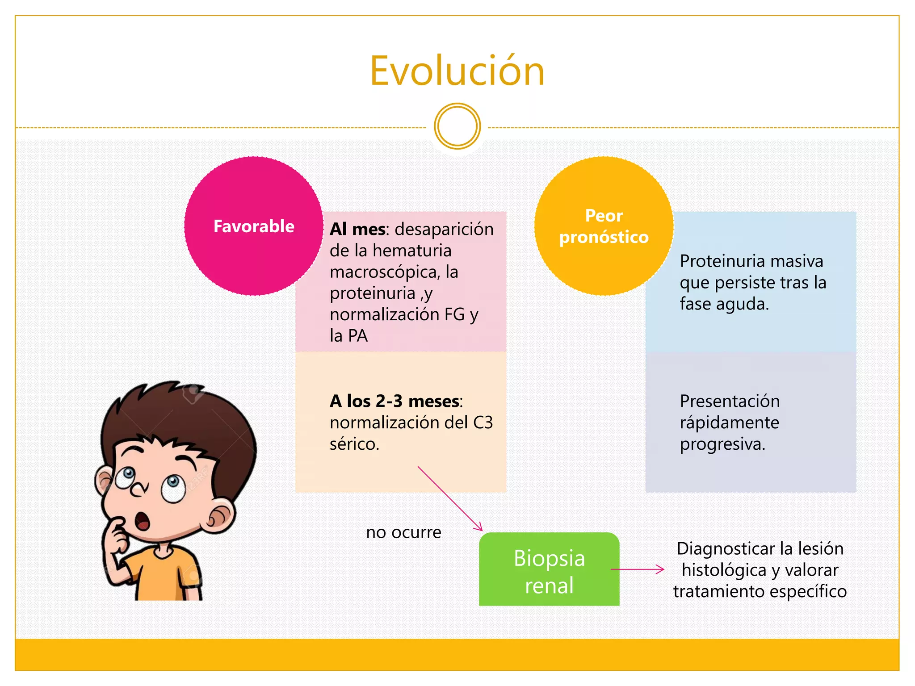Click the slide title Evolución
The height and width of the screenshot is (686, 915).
(457, 71)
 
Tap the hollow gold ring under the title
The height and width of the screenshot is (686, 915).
(457, 126)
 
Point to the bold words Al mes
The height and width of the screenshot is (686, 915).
(357, 229)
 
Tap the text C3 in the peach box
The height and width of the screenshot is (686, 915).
(483, 422)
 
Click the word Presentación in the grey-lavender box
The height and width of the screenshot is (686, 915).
(730, 401)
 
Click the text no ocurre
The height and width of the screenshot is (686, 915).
(403, 532)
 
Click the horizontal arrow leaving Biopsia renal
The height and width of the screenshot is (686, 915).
(637, 569)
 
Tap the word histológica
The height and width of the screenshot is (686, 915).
(724, 570)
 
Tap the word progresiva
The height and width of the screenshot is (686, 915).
(722, 444)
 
